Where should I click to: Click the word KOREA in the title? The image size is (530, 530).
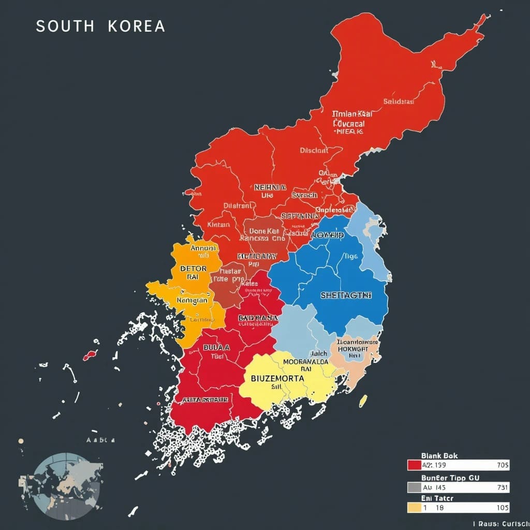tap(137, 27)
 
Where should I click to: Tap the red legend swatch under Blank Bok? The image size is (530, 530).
tap(414, 465)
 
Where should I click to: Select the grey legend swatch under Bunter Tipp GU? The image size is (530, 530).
tap(414, 487)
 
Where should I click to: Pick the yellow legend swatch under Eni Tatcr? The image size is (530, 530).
tap(414, 508)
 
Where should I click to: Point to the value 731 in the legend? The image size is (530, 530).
tap(502, 487)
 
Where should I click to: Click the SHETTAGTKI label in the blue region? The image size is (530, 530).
tap(346, 295)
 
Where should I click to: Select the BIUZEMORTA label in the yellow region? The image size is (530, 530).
tap(277, 378)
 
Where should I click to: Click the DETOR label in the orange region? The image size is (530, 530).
tap(193, 269)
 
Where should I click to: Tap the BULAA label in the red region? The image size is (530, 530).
tap(216, 347)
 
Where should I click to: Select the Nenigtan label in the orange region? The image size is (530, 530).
tap(192, 300)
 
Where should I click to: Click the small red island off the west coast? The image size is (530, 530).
tap(90, 356)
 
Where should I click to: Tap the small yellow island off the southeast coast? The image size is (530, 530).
tap(363, 400)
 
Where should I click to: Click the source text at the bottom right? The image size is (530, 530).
tap(500, 524)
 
